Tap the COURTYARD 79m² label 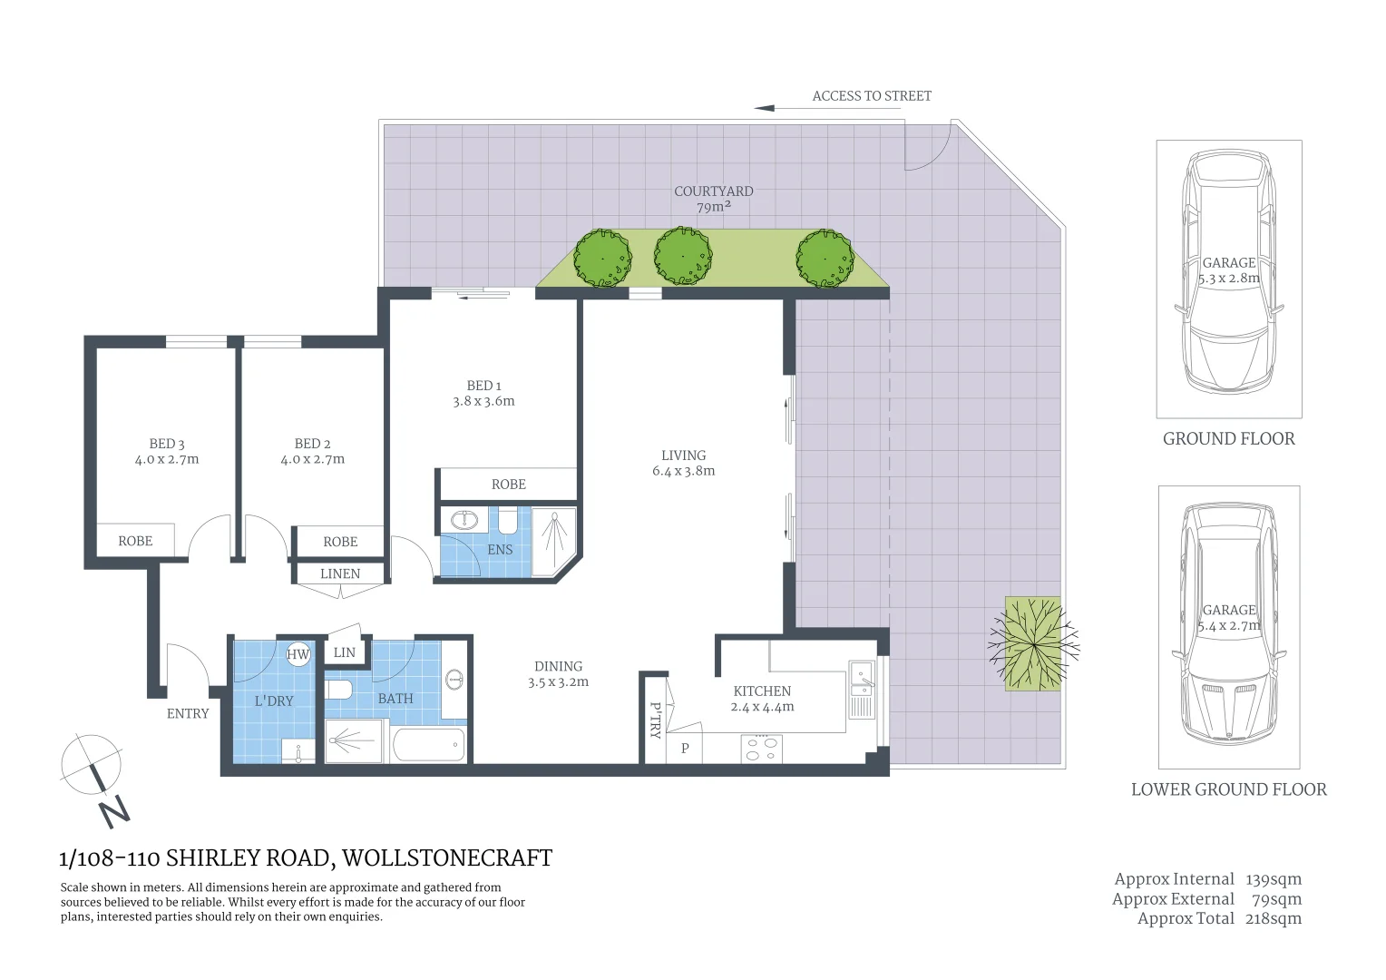[x=713, y=199]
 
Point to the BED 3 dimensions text [x=167, y=459]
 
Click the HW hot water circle [x=298, y=654]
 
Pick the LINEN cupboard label [x=340, y=573]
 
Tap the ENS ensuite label [x=500, y=549]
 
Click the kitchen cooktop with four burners [x=761, y=749]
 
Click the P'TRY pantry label [x=655, y=720]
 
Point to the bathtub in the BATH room [x=429, y=745]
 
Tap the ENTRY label [x=188, y=713]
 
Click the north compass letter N [x=114, y=809]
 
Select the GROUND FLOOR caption [x=1228, y=439]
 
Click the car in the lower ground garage [x=1229, y=626]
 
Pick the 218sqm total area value [x=1274, y=918]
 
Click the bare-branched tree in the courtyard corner [x=1033, y=643]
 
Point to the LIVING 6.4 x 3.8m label [x=683, y=463]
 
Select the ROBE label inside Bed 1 [x=508, y=484]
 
